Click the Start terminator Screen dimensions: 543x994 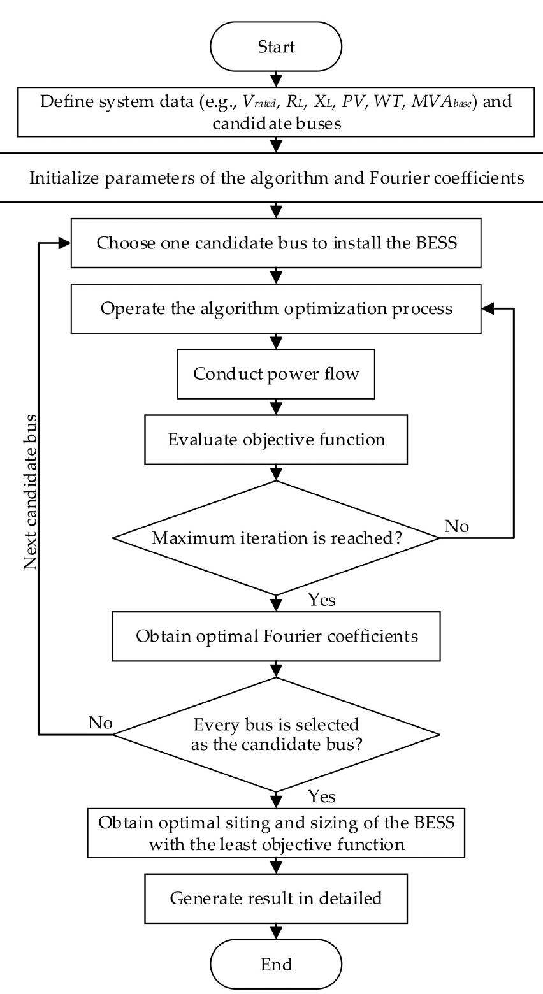pos(276,47)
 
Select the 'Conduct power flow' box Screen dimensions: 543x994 pos(276,374)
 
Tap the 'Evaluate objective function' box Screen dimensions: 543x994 pos(276,440)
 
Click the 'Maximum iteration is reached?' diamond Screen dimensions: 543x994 pos(276,538)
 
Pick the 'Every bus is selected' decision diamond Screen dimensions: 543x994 pos(276,735)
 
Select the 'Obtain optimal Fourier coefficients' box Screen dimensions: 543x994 pos(276,637)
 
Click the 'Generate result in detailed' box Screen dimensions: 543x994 pos(276,898)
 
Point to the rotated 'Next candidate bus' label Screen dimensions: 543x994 pos(30,492)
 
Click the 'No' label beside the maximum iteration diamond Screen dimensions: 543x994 pos(457,526)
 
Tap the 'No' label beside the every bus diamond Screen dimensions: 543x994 pos(100,723)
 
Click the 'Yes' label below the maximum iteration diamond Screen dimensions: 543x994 pos(322,600)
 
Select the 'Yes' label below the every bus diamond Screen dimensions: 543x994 pos(322,797)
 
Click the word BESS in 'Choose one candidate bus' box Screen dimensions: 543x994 pos(437,243)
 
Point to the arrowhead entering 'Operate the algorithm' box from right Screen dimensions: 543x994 pos(487,309)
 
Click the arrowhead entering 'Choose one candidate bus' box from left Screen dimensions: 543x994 pos(65,243)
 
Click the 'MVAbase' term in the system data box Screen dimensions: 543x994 pos(441,102)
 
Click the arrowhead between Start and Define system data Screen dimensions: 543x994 pos(276,81)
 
